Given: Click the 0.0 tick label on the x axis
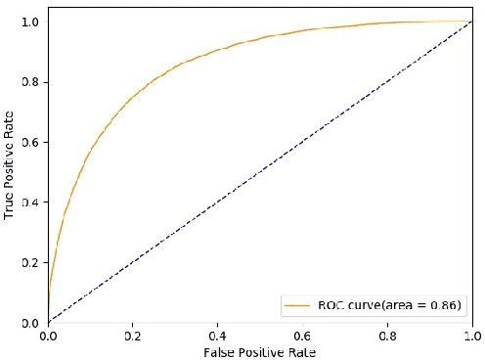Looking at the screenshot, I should (48, 335).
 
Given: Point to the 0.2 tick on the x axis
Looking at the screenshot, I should (133, 335).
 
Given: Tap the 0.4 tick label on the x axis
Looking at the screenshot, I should (218, 335).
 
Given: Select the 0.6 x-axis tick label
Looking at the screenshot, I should (303, 335).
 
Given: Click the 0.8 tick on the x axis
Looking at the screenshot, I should (388, 335).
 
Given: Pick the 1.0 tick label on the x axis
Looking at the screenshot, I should (473, 335).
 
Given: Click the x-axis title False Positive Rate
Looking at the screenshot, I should (260, 350).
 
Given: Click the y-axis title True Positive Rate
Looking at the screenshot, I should (10, 172).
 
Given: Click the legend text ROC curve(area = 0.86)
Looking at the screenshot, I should (387, 306).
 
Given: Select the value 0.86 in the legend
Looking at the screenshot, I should (447, 306).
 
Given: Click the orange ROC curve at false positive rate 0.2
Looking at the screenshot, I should (133, 96).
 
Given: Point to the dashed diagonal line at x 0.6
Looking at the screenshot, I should (303, 142).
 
